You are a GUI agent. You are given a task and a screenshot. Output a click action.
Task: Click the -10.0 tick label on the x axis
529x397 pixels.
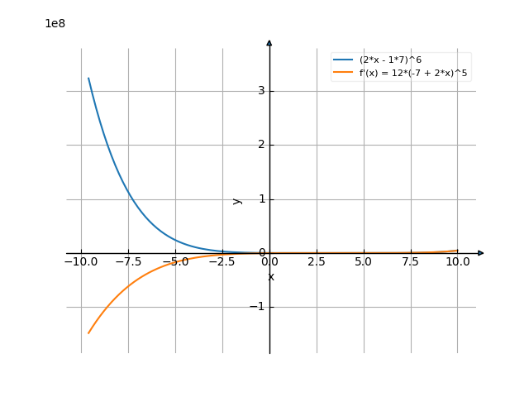click(x=80, y=262)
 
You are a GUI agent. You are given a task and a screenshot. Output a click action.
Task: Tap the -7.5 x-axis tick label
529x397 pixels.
click(x=127, y=262)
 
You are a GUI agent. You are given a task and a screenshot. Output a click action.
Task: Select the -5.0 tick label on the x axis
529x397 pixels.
click(x=174, y=262)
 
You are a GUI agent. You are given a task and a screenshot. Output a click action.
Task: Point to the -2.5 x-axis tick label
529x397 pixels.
click(x=222, y=262)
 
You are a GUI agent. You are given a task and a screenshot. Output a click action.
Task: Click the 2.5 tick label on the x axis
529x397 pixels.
click(x=317, y=262)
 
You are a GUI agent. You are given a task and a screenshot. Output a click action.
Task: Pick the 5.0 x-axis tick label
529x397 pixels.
click(x=364, y=262)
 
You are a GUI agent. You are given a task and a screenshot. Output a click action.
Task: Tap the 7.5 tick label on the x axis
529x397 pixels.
click(x=411, y=262)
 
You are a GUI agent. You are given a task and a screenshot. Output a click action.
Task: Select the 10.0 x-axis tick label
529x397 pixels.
click(x=457, y=262)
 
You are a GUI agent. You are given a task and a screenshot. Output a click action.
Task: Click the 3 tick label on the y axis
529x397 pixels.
click(x=261, y=91)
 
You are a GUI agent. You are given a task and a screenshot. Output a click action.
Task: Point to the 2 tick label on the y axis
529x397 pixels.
click(x=261, y=145)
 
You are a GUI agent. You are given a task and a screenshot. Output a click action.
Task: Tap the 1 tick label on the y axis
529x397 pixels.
click(x=261, y=199)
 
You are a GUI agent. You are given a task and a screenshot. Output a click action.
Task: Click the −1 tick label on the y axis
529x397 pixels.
click(x=258, y=307)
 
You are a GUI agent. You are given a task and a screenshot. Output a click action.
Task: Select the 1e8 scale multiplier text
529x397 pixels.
click(x=55, y=23)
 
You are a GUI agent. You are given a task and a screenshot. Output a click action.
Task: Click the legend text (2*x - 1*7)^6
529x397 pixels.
click(x=396, y=60)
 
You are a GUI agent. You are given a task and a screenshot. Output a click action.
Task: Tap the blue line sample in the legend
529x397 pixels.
click(x=343, y=60)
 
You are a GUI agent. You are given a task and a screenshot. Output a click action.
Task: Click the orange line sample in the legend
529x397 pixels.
click(x=343, y=73)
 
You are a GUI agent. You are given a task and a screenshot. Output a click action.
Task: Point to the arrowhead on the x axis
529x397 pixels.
click(x=481, y=253)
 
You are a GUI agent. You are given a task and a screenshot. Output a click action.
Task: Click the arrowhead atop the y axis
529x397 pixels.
click(x=269, y=43)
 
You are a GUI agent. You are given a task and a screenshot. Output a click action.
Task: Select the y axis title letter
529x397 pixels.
click(x=238, y=200)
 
